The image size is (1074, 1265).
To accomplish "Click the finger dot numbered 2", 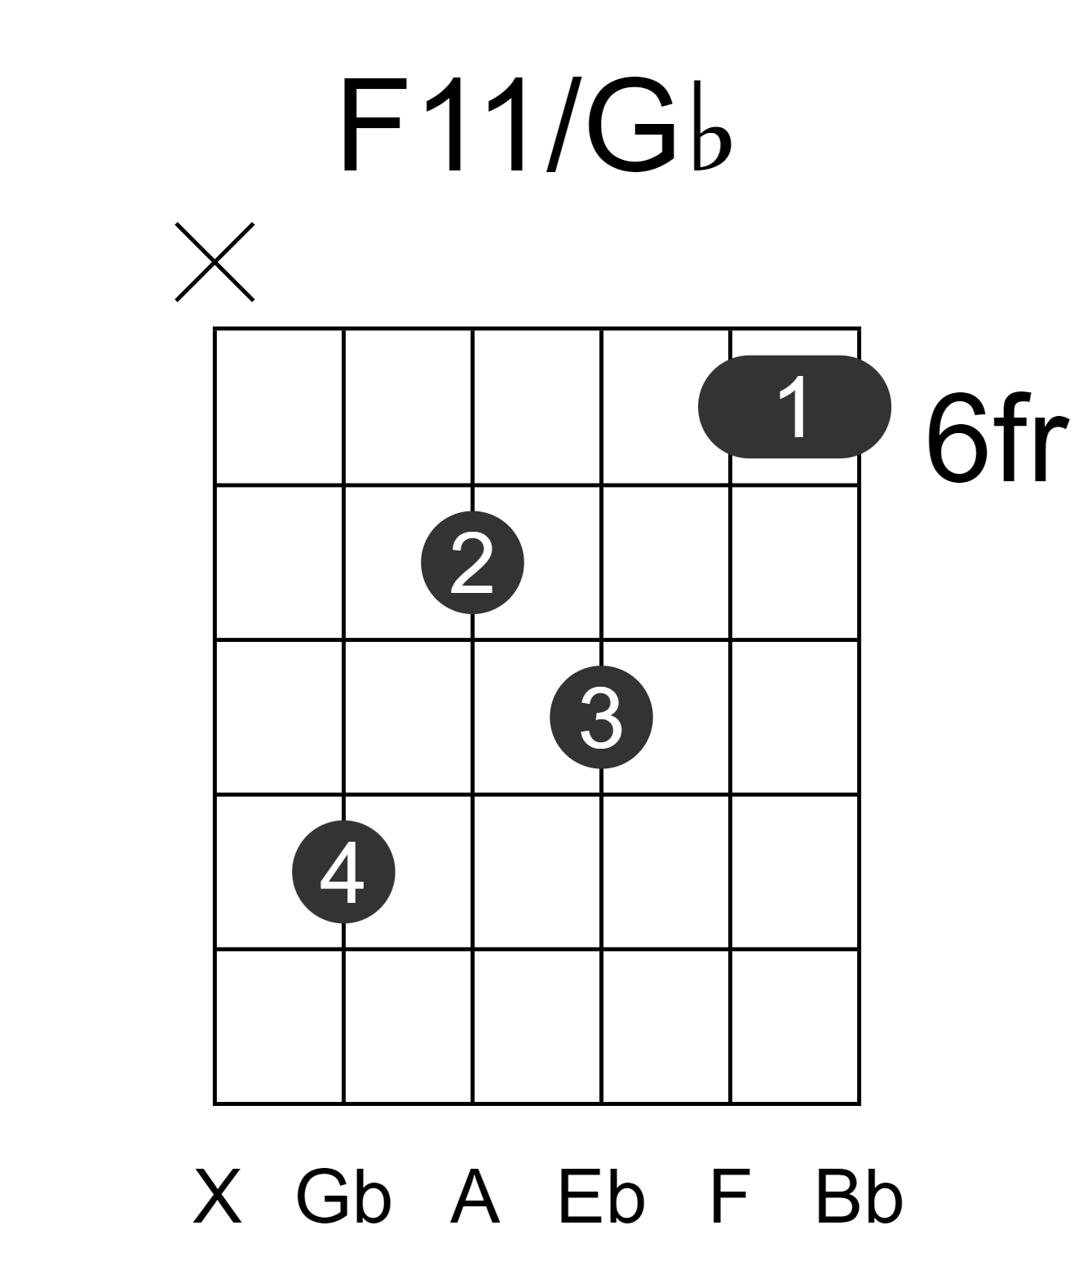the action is pos(472,563).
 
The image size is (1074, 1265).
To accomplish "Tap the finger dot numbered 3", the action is pos(602,717).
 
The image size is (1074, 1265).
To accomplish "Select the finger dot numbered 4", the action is pos(343,872).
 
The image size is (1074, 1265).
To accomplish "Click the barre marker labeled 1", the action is pos(794,407).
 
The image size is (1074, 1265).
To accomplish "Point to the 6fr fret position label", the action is pos(997,438).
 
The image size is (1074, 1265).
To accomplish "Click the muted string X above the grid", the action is pos(214,262).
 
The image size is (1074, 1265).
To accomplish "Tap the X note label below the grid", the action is pos(218,1196).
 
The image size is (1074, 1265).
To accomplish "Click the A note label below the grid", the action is pos(475,1196).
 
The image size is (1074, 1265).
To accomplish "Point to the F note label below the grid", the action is pos(730,1196).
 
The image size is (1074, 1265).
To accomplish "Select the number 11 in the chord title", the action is pos(475,125).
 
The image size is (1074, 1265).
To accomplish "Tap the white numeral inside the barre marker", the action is pos(794,407).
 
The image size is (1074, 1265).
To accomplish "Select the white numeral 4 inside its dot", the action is pos(342,872).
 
